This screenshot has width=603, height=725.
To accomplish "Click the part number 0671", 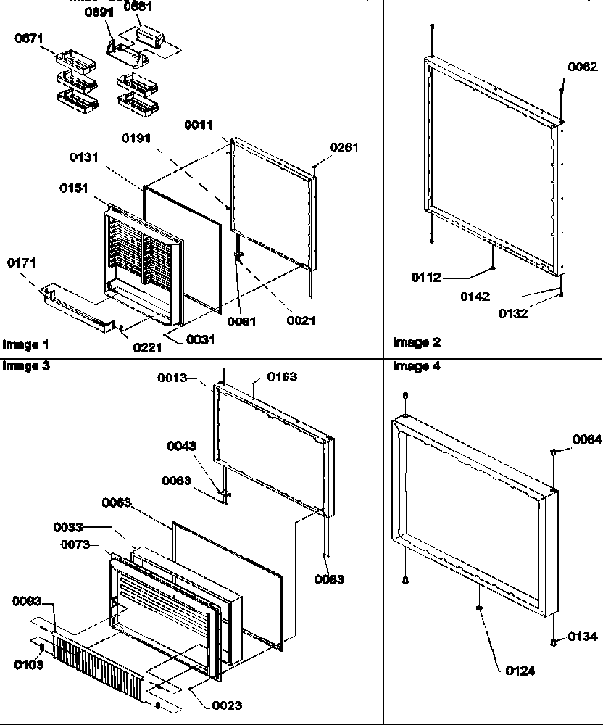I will pyautogui.click(x=29, y=38).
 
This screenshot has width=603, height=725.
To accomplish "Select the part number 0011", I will pyautogui.click(x=199, y=125).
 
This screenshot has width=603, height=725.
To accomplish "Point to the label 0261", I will pyautogui.click(x=344, y=148).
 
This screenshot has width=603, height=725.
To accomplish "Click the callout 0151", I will pyautogui.click(x=74, y=188).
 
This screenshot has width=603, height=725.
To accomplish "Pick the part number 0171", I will pyautogui.click(x=22, y=262).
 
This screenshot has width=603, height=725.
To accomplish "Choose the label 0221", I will pyautogui.click(x=147, y=347).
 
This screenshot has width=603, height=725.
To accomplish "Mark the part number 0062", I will pyautogui.click(x=582, y=67).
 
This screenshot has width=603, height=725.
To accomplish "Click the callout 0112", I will pyautogui.click(x=427, y=277).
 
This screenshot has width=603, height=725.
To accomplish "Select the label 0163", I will pyautogui.click(x=282, y=377).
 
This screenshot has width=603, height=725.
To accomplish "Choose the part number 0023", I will pyautogui.click(x=228, y=705).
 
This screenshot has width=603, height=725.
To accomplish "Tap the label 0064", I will pyautogui.click(x=586, y=439).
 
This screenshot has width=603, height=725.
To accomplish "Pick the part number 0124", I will pyautogui.click(x=520, y=671).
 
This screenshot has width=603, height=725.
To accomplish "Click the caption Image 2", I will pyautogui.click(x=417, y=342).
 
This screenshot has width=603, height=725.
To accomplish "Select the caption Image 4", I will pyautogui.click(x=417, y=367).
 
